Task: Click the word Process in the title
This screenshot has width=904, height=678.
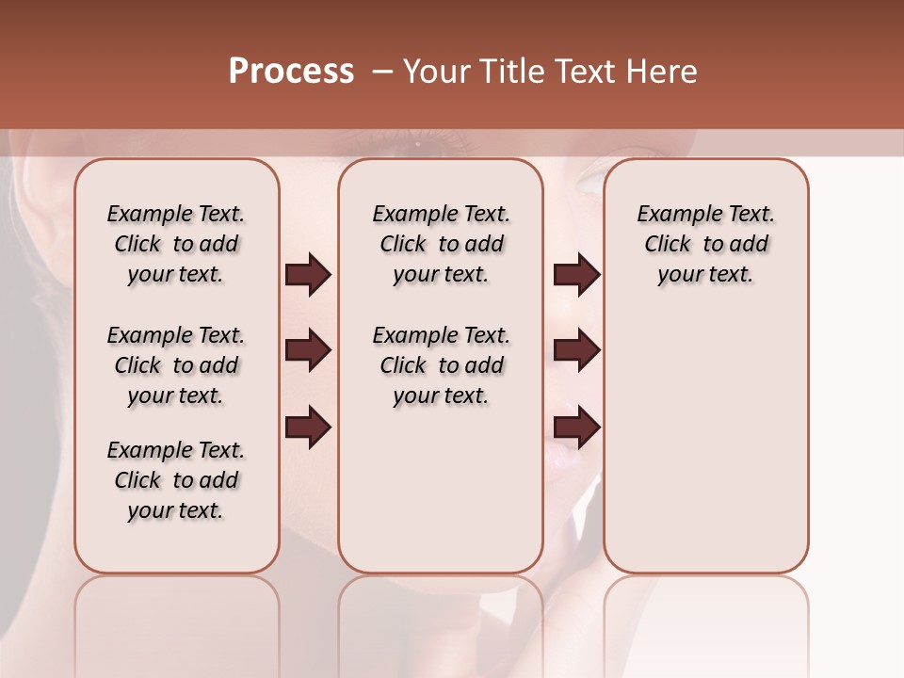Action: (291, 72)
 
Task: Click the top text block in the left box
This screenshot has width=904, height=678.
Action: (176, 244)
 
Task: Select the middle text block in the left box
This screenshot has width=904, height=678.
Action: (176, 365)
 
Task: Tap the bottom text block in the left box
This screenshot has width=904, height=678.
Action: (176, 480)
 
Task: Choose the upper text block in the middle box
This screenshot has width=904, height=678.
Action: (441, 244)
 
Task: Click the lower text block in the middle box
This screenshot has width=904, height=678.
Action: (441, 365)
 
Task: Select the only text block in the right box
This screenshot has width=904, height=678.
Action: (705, 244)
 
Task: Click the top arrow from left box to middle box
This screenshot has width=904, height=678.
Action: (308, 274)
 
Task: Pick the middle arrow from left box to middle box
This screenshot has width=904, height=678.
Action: (308, 350)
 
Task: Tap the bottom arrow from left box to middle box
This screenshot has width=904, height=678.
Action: (308, 428)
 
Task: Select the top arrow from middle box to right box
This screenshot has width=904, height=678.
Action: (576, 274)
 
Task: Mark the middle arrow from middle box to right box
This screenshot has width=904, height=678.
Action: (576, 350)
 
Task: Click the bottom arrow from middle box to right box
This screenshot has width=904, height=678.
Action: (576, 428)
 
